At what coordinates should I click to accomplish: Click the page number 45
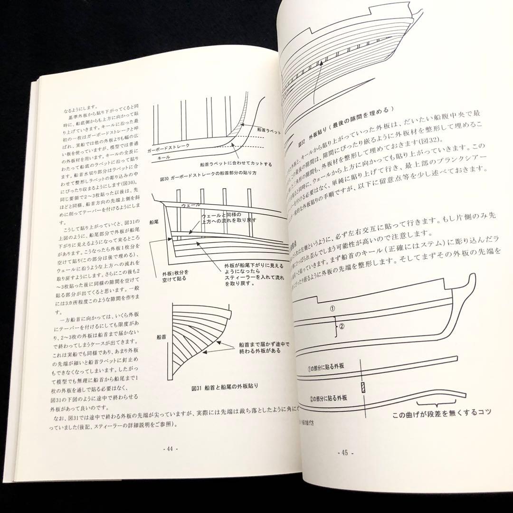point(346,453)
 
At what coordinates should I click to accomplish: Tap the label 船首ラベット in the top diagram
point(268,130)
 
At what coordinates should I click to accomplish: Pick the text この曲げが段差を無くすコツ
point(442,411)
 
